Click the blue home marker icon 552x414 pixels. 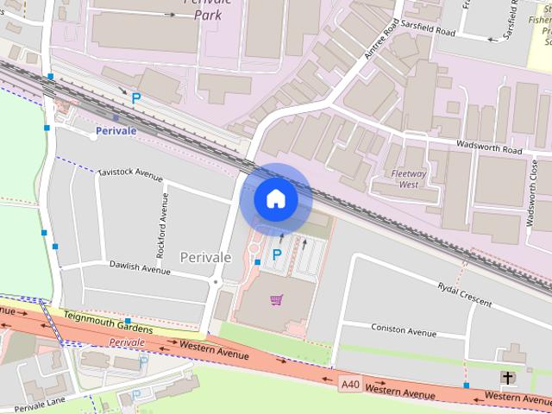[275, 198]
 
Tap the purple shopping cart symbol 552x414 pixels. [276, 299]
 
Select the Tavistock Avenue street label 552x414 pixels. [130, 174]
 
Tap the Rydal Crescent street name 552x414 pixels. [464, 295]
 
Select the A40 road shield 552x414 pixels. [349, 384]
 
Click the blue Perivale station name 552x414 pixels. [116, 131]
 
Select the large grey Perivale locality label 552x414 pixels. [205, 257]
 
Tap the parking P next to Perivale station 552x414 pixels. [135, 98]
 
